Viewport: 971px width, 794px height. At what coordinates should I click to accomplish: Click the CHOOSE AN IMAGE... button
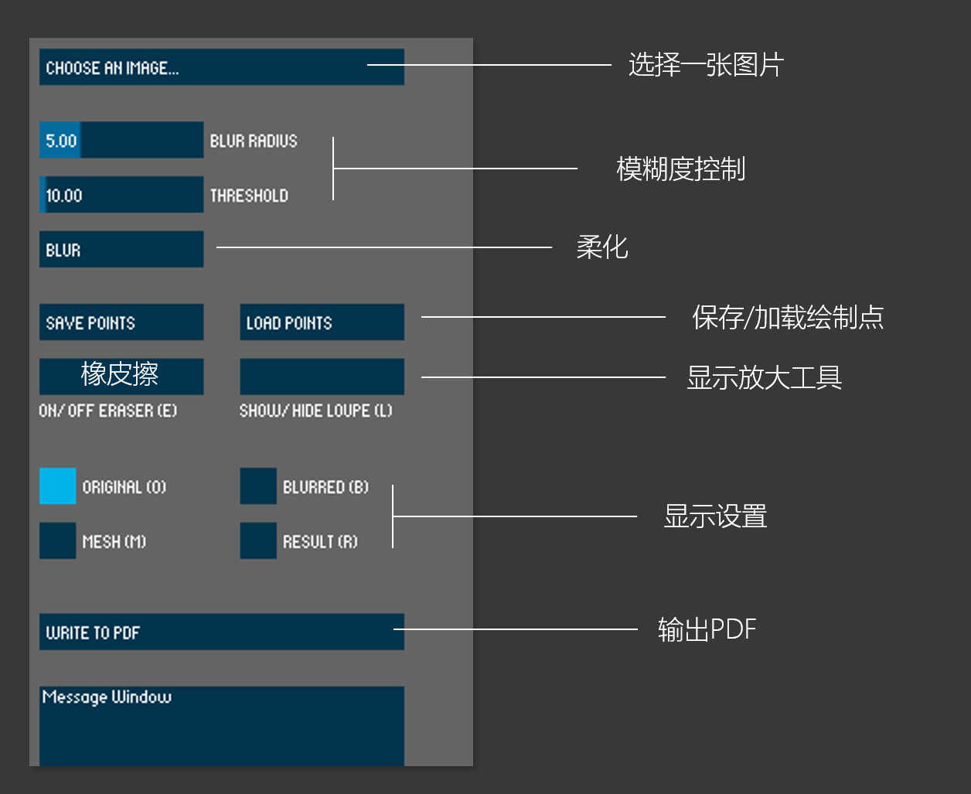pyautogui.click(x=221, y=67)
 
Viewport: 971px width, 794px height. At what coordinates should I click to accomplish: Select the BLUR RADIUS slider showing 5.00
pyautogui.click(x=121, y=140)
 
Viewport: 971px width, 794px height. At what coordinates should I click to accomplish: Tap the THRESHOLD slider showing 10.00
pyautogui.click(x=121, y=195)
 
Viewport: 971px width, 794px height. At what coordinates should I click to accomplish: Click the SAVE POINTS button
pyautogui.click(x=121, y=322)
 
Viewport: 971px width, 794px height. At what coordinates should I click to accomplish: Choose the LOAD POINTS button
pyautogui.click(x=322, y=322)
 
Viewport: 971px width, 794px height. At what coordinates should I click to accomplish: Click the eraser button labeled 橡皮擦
pyautogui.click(x=121, y=376)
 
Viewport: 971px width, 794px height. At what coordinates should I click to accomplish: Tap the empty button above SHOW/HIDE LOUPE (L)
pyautogui.click(x=322, y=377)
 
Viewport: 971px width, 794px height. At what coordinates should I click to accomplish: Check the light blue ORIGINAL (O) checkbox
pyautogui.click(x=58, y=486)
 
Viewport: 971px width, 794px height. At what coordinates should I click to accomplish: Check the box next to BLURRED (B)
pyautogui.click(x=258, y=486)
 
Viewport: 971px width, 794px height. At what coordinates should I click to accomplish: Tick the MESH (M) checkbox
pyautogui.click(x=58, y=541)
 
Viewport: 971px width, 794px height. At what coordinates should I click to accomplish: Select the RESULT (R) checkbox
pyautogui.click(x=258, y=541)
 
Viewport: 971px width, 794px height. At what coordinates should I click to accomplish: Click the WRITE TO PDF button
pyautogui.click(x=221, y=632)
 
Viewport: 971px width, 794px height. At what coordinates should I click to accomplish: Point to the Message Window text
pyautogui.click(x=107, y=697)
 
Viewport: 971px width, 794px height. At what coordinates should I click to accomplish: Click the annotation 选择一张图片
pyautogui.click(x=706, y=65)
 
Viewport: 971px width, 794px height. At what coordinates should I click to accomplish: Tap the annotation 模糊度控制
pyautogui.click(x=680, y=169)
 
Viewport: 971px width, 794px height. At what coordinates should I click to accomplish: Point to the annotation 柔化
pyautogui.click(x=602, y=247)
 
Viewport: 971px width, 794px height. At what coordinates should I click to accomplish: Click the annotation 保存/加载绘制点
pyautogui.click(x=788, y=317)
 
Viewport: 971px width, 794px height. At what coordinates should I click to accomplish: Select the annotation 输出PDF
pyautogui.click(x=707, y=629)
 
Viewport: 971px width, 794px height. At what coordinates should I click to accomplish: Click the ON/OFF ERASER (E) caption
pyautogui.click(x=108, y=411)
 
